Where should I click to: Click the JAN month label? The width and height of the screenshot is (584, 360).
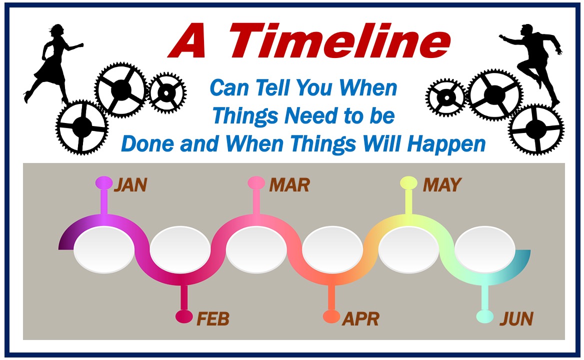pos(130,184)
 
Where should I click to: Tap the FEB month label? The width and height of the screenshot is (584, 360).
pos(212,318)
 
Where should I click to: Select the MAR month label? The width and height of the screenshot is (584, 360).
pos(289,184)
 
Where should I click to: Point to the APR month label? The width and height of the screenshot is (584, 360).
pos(360,318)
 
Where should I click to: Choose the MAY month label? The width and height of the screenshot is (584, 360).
pos(442,184)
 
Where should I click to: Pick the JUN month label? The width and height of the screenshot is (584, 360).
pos(516,318)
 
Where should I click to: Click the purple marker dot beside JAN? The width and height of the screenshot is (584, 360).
pos(104,183)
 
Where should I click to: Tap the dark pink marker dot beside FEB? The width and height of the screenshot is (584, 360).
pos(184,316)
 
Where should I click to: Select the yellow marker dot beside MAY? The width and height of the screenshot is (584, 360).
pos(408,183)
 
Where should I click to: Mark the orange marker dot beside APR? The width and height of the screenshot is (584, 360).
pos(331,316)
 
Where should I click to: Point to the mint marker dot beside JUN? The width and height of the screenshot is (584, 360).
pos(485,316)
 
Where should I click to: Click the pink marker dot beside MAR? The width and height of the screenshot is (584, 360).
pos(256,183)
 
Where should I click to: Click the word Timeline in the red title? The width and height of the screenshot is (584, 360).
pos(339,40)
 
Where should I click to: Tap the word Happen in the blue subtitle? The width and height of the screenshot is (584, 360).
pos(446,144)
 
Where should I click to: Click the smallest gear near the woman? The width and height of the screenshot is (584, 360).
pos(167,92)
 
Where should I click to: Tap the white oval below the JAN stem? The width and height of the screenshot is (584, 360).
pos(104,250)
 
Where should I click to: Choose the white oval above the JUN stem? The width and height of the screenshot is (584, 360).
pos(485,250)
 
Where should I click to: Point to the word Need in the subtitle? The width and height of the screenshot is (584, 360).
pos(311,115)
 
